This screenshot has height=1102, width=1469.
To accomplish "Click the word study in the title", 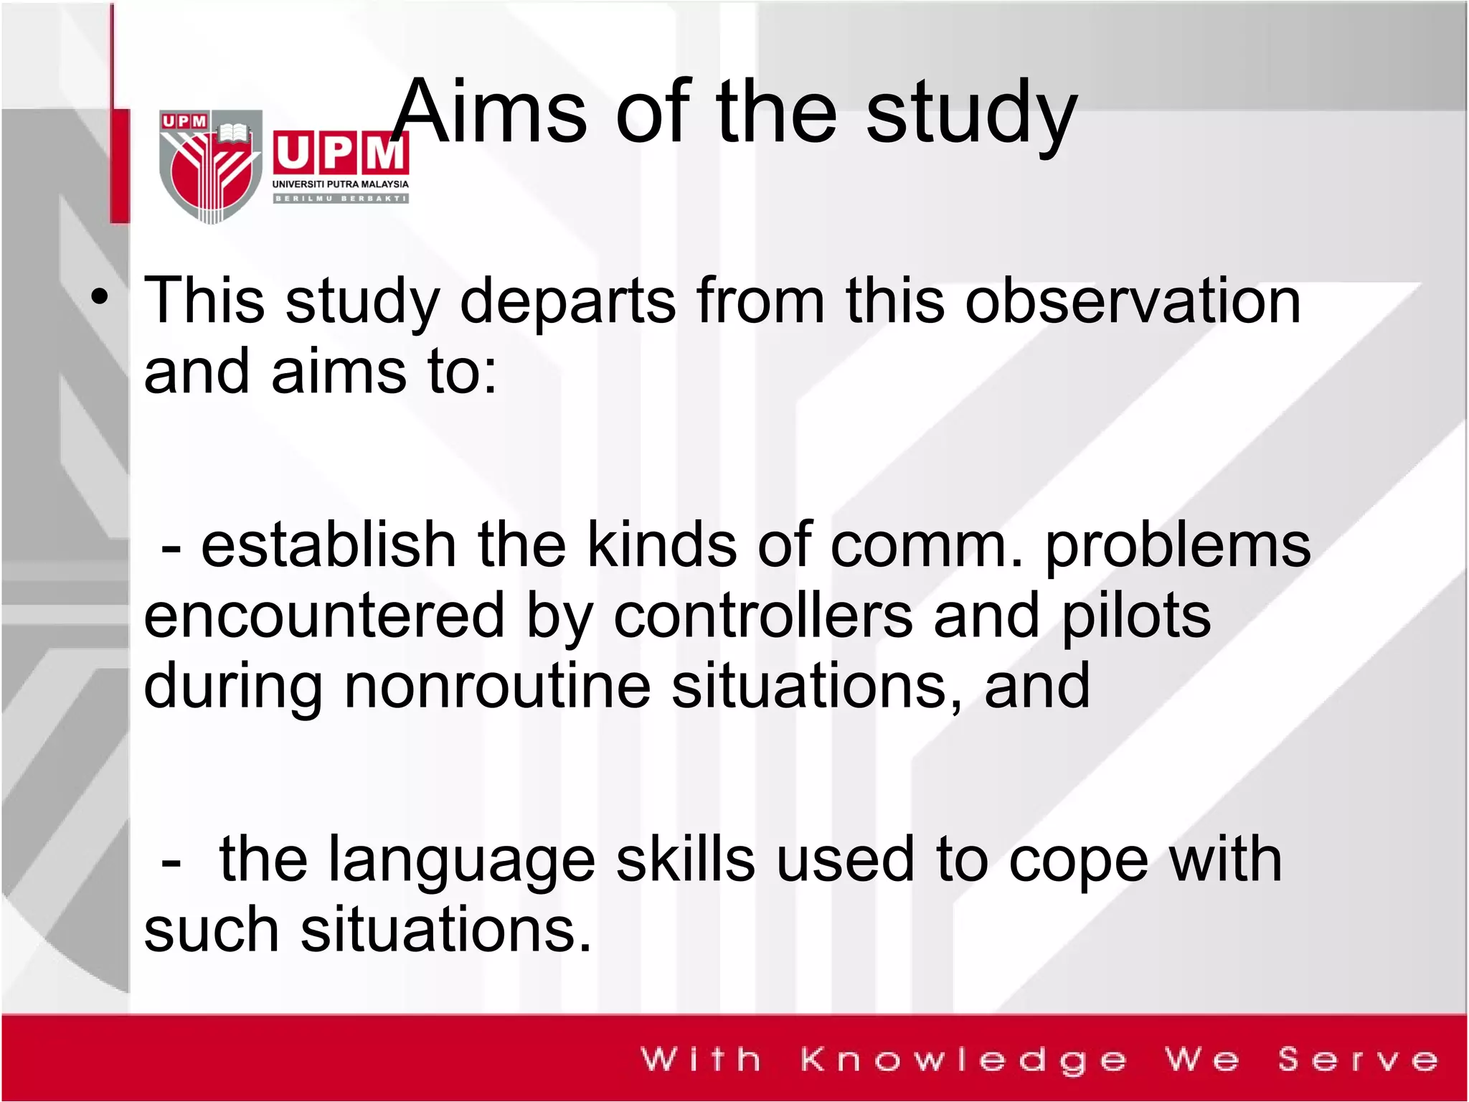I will click(x=971, y=115).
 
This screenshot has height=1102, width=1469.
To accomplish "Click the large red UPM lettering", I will click(x=340, y=152).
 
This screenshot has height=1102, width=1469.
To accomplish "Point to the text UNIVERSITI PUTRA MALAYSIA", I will click(x=340, y=184).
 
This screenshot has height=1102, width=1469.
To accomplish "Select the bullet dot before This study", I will click(x=100, y=296).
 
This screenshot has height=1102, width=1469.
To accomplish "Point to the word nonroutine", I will click(x=497, y=686).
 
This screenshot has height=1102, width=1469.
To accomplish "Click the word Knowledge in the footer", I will click(x=963, y=1060).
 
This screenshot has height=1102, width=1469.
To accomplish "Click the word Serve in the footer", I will click(x=1358, y=1060).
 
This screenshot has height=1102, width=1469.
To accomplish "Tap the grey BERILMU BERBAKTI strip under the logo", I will click(x=340, y=199).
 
